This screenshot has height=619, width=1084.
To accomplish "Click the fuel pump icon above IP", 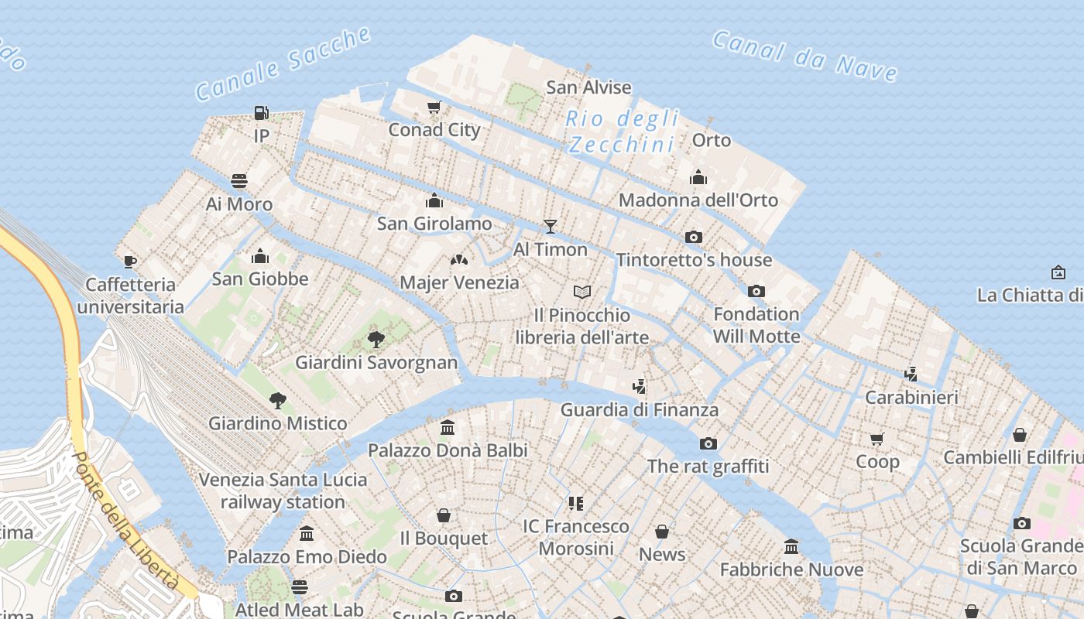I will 262,113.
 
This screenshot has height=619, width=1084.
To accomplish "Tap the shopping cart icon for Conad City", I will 434,107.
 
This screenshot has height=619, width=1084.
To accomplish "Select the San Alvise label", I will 588,87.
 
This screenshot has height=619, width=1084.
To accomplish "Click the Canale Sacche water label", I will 283,63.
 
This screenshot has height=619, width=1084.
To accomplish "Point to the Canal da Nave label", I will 805,56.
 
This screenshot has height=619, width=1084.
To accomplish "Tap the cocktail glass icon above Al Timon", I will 551,226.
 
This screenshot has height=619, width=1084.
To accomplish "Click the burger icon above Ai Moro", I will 239,181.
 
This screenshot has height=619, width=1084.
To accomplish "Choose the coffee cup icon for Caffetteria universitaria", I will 130,262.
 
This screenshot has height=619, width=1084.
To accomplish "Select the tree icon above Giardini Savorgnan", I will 376,339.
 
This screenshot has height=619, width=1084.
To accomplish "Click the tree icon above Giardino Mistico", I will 278,400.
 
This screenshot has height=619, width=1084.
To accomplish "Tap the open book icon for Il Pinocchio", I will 582,292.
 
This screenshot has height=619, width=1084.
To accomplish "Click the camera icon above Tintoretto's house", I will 694,237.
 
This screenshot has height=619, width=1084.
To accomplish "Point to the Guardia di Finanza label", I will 640,410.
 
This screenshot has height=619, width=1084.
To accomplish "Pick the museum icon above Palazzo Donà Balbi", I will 448,427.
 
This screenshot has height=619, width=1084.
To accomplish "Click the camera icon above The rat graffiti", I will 708,443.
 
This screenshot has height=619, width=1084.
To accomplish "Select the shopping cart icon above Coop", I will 877,439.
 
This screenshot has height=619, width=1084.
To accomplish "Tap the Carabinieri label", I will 911,398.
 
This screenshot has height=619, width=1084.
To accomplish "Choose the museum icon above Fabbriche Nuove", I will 791,547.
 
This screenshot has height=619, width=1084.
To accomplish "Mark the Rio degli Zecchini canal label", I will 622,132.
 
